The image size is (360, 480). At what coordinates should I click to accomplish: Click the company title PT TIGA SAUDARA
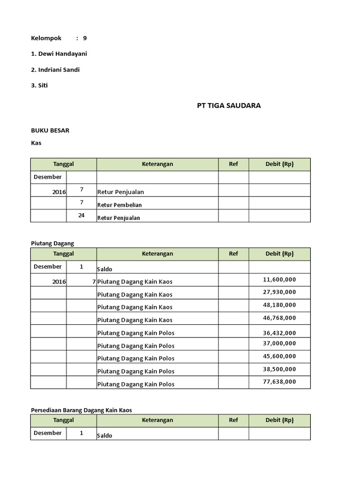tap(229, 105)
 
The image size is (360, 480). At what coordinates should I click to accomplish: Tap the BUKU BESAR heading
tap(50, 130)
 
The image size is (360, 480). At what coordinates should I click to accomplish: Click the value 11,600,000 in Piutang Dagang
tap(279, 279)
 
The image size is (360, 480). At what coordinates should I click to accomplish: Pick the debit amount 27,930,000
tap(279, 292)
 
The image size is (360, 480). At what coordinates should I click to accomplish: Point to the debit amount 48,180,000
tap(279, 305)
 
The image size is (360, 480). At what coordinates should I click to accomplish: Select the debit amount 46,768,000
tap(279, 318)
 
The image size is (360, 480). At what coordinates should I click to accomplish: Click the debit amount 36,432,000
tap(279, 333)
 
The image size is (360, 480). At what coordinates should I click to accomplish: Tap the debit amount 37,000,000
tap(279, 344)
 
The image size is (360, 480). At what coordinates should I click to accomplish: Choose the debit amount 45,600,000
tap(279, 356)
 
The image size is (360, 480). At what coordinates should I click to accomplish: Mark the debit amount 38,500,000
tap(279, 369)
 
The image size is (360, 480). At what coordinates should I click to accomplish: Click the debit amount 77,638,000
tap(279, 382)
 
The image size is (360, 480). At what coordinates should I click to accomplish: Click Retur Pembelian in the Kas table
tap(120, 205)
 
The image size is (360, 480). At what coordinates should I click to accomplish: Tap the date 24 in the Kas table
tap(82, 215)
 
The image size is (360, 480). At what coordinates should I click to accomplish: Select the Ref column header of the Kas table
tap(233, 164)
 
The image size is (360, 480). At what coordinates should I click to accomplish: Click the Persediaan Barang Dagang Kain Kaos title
tap(81, 410)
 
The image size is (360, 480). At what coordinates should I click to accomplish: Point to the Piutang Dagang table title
tap(52, 243)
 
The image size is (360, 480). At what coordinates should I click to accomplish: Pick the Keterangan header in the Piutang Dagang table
tap(157, 254)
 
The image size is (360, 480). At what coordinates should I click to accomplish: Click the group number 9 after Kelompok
tap(85, 38)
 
